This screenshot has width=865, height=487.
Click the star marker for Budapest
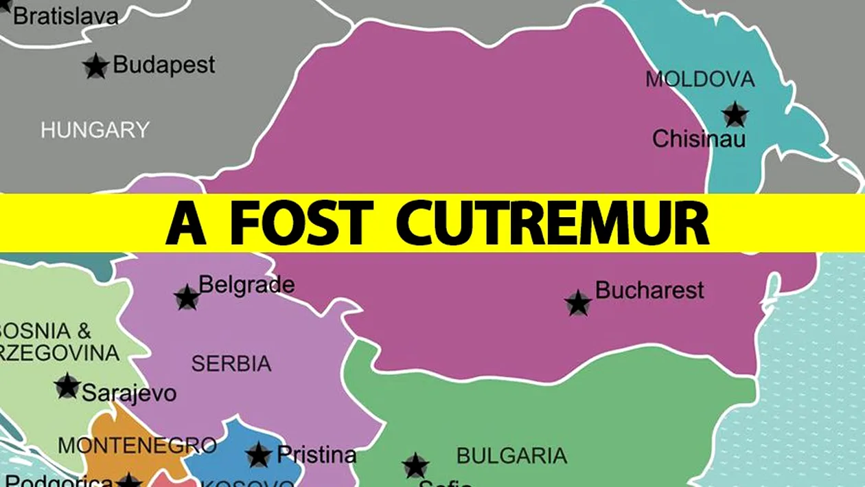coord(96,67)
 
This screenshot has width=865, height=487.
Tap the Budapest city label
coord(163,65)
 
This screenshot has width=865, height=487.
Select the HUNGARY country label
coord(95,130)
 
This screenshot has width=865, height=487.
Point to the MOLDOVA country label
coord(700,79)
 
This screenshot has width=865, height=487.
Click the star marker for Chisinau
coord(735,114)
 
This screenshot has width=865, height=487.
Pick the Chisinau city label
coord(698,139)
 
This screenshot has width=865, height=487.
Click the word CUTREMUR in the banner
coord(552,223)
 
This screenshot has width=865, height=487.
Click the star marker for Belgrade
coord(187,297)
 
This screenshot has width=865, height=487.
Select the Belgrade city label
coord(246,285)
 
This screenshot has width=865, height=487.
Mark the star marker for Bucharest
coord(578,303)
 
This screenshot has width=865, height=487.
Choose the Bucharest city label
coord(649,290)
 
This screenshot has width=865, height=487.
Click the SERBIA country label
coord(231,363)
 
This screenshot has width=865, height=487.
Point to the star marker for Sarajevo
coord(67,386)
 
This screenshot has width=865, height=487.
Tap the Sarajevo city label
coord(129,394)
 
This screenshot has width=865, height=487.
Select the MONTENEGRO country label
coord(137,445)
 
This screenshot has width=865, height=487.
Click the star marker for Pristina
coord(259,455)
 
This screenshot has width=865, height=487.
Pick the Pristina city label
coord(316,455)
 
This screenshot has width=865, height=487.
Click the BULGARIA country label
coord(511,455)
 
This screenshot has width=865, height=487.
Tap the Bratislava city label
coord(66,16)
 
